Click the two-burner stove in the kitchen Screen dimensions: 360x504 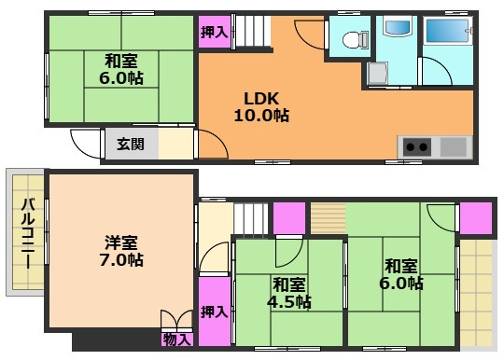point(416,146)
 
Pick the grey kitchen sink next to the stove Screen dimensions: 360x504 point(453,146)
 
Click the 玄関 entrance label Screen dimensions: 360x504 point(129,145)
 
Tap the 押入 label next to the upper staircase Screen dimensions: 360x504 point(214,32)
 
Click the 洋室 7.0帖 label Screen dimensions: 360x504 point(122,251)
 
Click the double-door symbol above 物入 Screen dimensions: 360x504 point(175,319)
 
